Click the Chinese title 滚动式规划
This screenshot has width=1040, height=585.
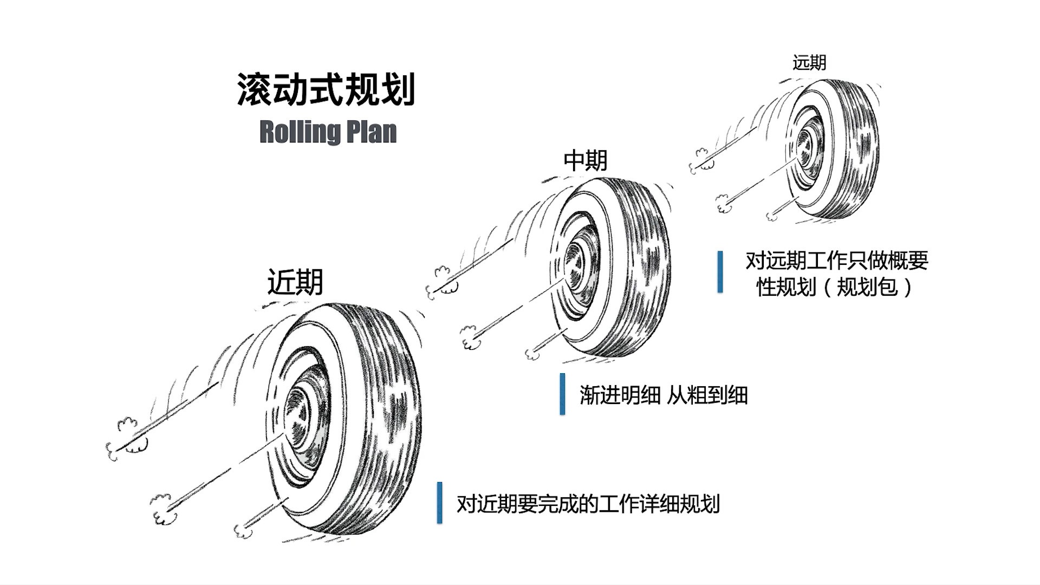tap(326, 89)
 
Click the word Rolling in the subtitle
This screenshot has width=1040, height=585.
tap(297, 132)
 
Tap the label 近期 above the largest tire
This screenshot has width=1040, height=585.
tap(295, 282)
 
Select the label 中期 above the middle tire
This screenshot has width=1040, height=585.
tap(586, 161)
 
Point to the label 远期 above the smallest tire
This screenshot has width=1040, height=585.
tap(809, 63)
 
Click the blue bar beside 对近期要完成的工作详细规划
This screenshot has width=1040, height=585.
tap(439, 503)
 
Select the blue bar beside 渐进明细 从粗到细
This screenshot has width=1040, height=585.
tap(562, 394)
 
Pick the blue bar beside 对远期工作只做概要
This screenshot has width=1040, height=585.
tap(720, 271)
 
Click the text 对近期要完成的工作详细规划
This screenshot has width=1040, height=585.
tap(588, 504)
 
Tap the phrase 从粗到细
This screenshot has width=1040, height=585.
tap(707, 395)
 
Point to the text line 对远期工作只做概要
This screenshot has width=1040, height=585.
tap(836, 261)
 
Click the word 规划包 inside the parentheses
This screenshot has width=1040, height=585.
tap(867, 287)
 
